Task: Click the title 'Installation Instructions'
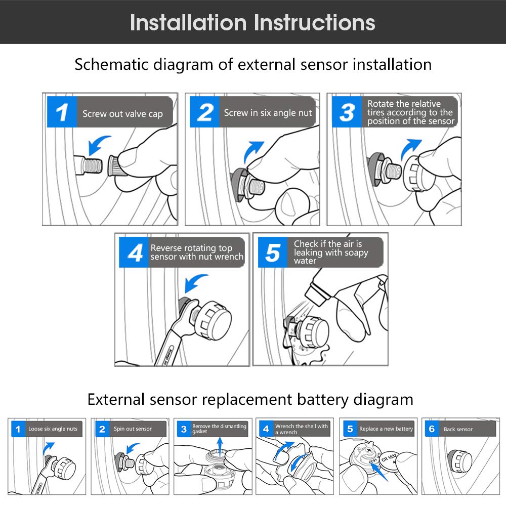(x=252, y=23)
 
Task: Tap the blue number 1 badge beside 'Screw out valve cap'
(x=62, y=112)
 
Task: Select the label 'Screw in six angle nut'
(x=268, y=113)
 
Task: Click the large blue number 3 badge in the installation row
(x=347, y=112)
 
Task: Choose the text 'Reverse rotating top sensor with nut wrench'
(x=196, y=252)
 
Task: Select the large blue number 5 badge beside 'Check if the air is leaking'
(x=273, y=252)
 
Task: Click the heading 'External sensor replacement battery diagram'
(x=250, y=399)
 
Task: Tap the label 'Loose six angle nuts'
(x=53, y=429)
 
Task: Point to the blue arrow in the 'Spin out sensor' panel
(x=133, y=448)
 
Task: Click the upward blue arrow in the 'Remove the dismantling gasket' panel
(x=219, y=446)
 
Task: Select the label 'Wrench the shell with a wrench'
(x=301, y=429)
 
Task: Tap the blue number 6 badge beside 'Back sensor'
(x=432, y=429)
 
